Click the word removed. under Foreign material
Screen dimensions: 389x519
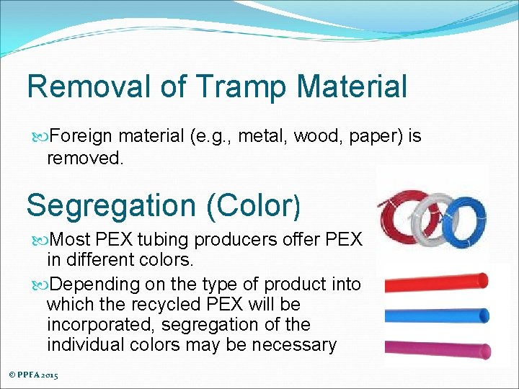[85, 158]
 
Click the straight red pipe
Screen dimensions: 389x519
[436, 282]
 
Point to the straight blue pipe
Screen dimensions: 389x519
[436, 315]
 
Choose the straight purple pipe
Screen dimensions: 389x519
[436, 347]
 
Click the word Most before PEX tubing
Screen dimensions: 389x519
[71, 239]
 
